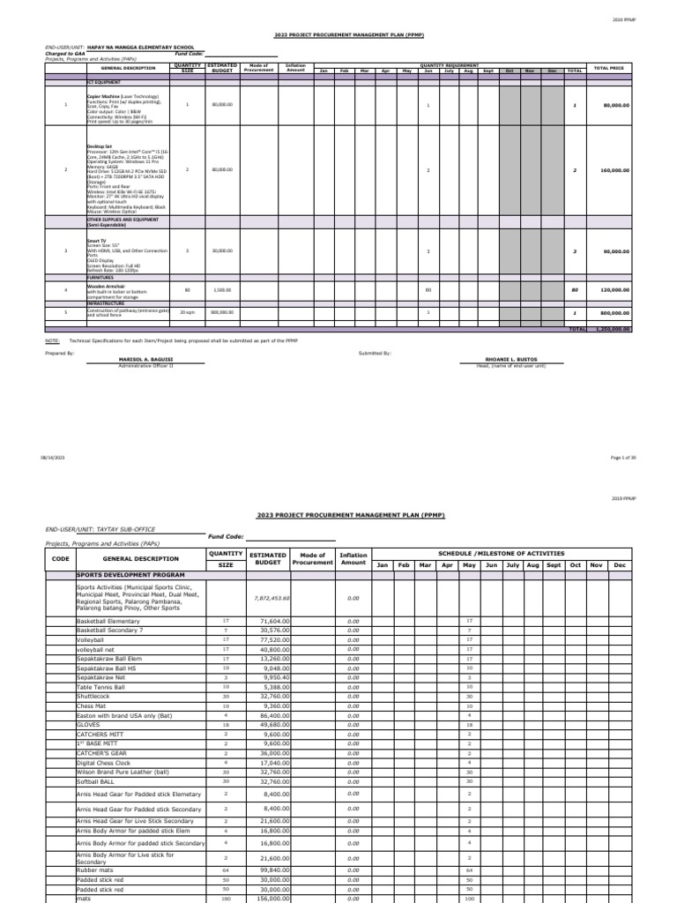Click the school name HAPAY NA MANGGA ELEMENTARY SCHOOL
145,47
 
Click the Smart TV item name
96,238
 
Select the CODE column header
60,558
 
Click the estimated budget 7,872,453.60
270,597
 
